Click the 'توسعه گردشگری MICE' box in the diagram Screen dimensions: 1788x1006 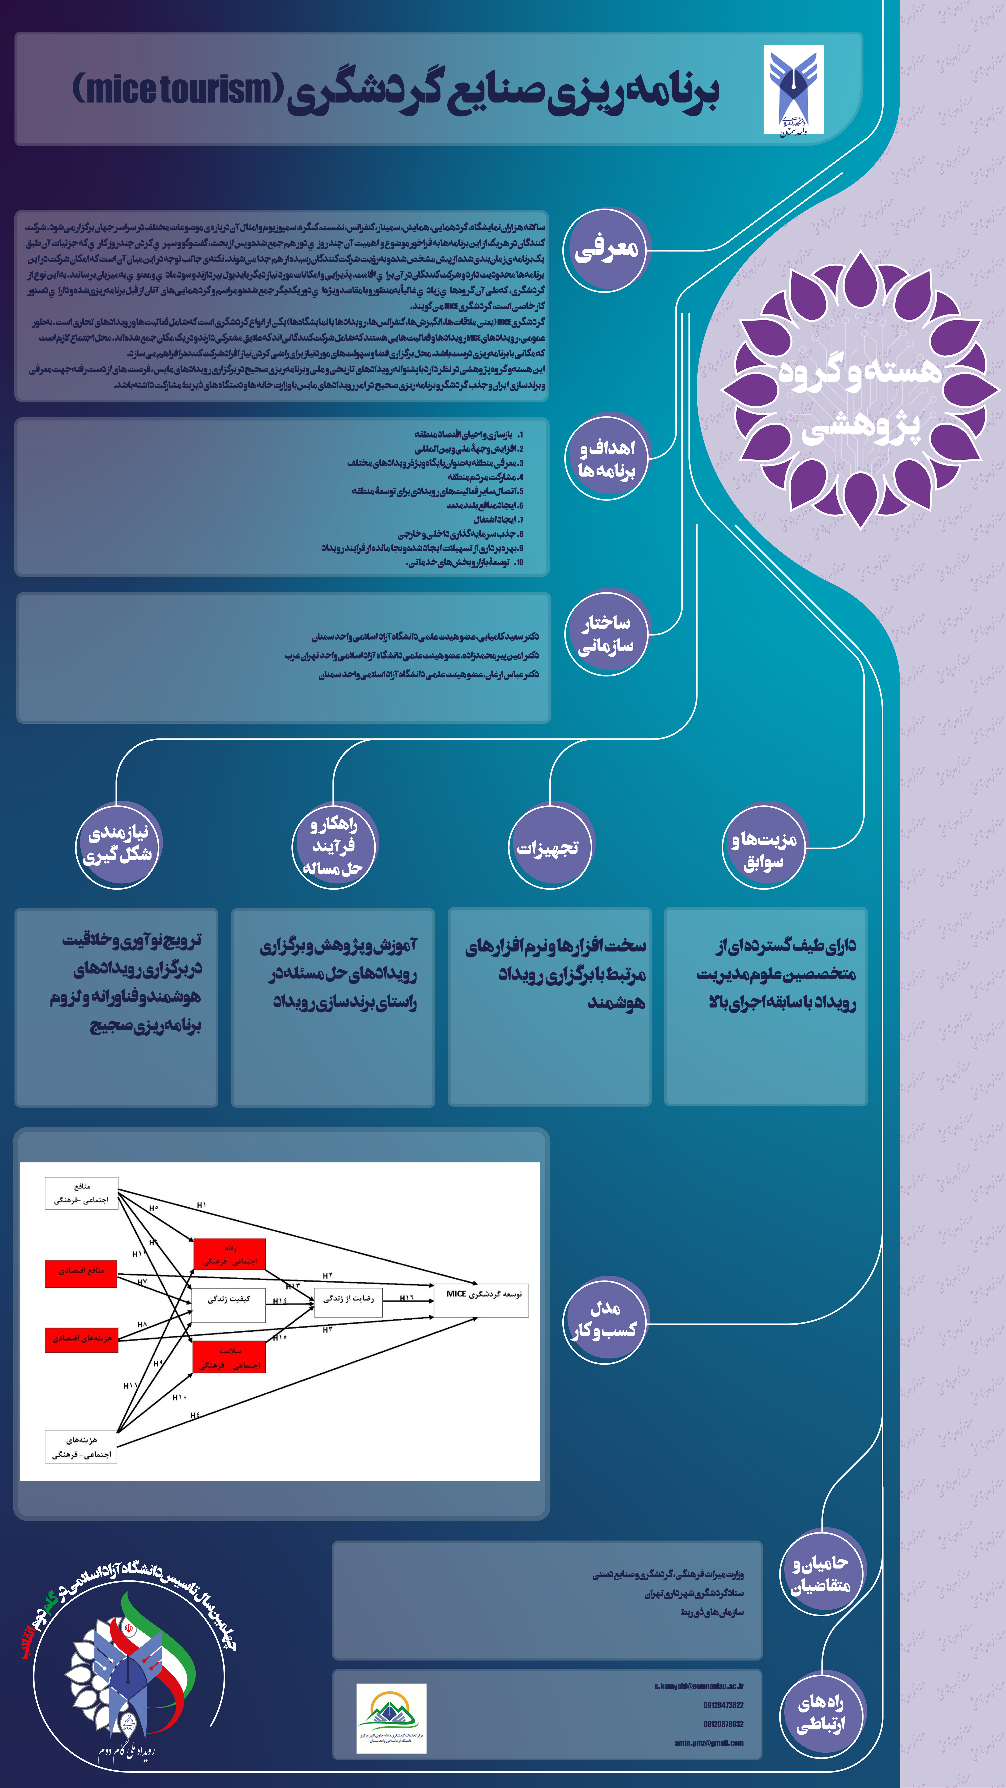(x=482, y=1300)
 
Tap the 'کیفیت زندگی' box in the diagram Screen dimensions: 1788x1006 (x=229, y=1305)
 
